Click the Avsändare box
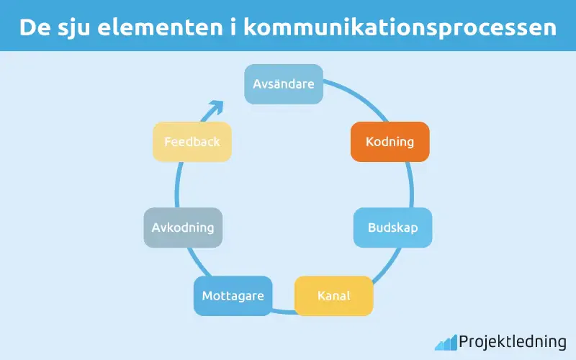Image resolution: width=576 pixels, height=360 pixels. (x=284, y=84)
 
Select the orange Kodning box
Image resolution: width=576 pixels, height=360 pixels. (x=390, y=141)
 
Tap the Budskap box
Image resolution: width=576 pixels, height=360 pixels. (x=392, y=228)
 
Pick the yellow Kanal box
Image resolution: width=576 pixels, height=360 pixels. (x=334, y=296)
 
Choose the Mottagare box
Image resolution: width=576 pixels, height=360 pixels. (x=233, y=296)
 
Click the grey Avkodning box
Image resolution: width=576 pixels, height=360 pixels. (x=183, y=228)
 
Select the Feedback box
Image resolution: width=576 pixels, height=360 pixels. (x=192, y=142)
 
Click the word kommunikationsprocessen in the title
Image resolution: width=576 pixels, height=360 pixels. (x=400, y=27)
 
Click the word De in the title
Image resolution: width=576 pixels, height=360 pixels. (x=30, y=27)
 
